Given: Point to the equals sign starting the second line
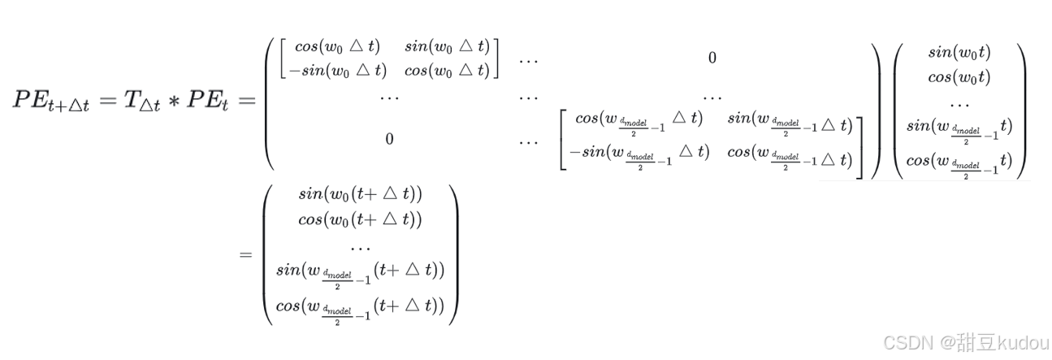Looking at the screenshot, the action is click(245, 255).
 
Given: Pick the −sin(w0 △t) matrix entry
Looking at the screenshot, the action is click(334, 70).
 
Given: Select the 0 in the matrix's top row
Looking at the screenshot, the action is click(712, 58).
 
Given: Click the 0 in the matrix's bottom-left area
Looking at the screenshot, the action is click(389, 139).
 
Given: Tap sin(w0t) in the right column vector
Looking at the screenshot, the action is click(959, 53).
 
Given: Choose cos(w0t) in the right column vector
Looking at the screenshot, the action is click(959, 78).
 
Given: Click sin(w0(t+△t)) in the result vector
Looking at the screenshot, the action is click(361, 194).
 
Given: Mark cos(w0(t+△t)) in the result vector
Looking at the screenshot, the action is click(361, 219).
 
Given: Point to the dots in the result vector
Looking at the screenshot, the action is click(361, 245).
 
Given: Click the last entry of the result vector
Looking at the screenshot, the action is click(361, 307).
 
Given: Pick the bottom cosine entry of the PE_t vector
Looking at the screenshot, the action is click(959, 162).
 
